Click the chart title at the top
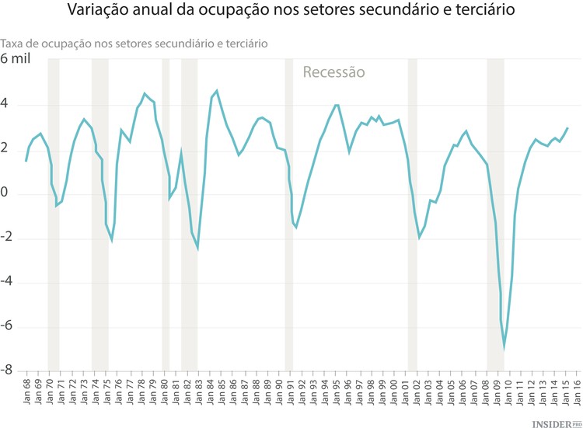(291, 13)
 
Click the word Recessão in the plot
(333, 72)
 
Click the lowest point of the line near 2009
(504, 347)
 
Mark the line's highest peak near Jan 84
(216, 91)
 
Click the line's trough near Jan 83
(197, 249)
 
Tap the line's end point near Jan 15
(567, 128)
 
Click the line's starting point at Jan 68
(26, 161)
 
